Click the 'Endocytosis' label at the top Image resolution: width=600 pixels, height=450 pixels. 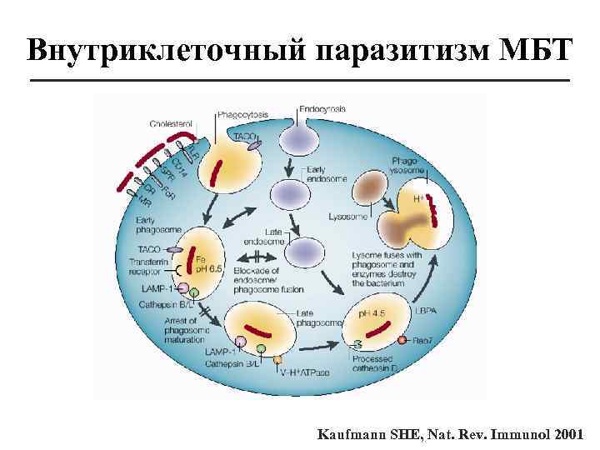coord(321,108)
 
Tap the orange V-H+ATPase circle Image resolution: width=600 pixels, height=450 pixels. coord(278,359)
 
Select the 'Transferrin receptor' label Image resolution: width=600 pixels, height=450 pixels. coord(150,267)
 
